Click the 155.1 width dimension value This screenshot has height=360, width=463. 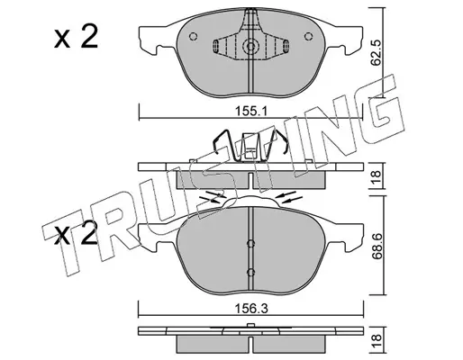click(x=250, y=112)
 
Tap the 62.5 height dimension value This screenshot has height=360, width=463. click(x=376, y=54)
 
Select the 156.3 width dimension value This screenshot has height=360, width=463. click(x=251, y=308)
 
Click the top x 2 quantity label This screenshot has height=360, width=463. click(x=76, y=37)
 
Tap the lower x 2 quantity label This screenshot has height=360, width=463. click(x=76, y=232)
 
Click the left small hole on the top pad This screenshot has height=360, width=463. click(x=194, y=36)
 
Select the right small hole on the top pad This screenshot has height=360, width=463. click(x=308, y=36)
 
